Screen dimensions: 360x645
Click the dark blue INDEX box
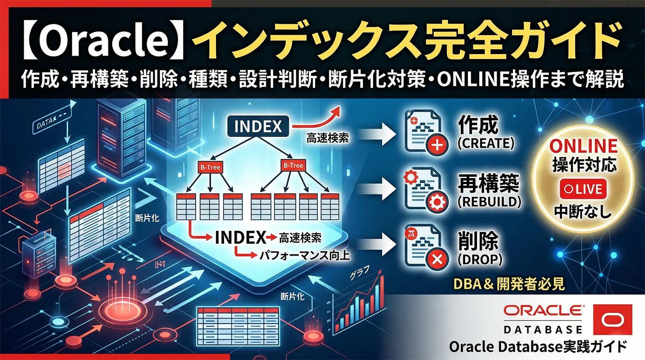click(x=258, y=126)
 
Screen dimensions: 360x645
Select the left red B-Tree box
click(x=210, y=167)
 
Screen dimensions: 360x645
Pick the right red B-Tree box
click(x=293, y=165)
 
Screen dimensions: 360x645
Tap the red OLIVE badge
click(x=583, y=189)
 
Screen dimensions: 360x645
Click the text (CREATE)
click(x=486, y=143)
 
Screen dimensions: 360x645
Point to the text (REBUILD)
click(x=489, y=201)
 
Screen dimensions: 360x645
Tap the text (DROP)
click(x=480, y=259)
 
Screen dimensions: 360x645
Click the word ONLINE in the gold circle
click(x=583, y=146)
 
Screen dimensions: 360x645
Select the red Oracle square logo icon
click(x=613, y=320)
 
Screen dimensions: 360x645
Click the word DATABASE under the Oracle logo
click(x=543, y=330)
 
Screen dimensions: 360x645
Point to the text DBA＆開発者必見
click(x=509, y=284)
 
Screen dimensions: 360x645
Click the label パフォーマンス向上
click(x=304, y=255)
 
